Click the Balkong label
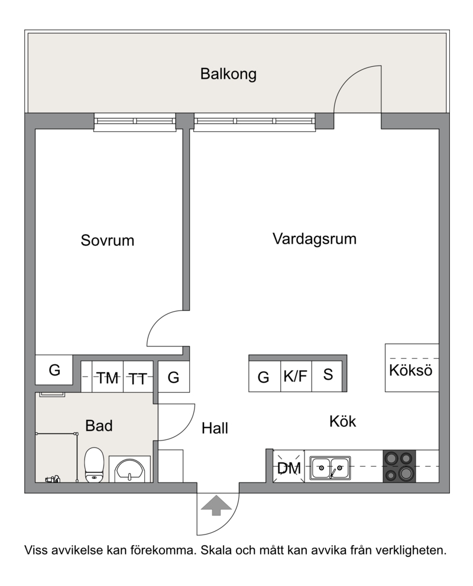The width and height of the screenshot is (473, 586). pyautogui.click(x=228, y=74)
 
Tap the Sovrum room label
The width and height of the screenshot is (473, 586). pyautogui.click(x=107, y=240)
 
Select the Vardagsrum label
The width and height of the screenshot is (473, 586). pyautogui.click(x=315, y=239)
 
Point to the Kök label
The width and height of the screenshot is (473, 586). pyautogui.click(x=342, y=421)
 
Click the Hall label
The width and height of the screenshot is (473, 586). pyautogui.click(x=215, y=428)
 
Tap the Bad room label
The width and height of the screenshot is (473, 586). pyautogui.click(x=99, y=426)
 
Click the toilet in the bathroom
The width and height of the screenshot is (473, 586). pyautogui.click(x=94, y=465)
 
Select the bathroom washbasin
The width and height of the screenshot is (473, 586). pyautogui.click(x=129, y=470)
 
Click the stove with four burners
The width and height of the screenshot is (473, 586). pyautogui.click(x=399, y=466)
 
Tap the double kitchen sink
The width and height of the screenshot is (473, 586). pyautogui.click(x=331, y=468)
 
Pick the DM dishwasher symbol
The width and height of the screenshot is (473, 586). pyautogui.click(x=289, y=467)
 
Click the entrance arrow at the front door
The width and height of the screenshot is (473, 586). pyautogui.click(x=216, y=505)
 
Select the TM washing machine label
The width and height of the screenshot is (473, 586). pyautogui.click(x=108, y=377)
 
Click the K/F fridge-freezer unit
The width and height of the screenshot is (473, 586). pyautogui.click(x=296, y=376)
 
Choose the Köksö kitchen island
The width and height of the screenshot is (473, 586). pyautogui.click(x=412, y=368)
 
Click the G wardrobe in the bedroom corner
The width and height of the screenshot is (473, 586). pyautogui.click(x=54, y=370)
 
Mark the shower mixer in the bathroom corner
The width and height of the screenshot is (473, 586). pyautogui.click(x=53, y=478)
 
